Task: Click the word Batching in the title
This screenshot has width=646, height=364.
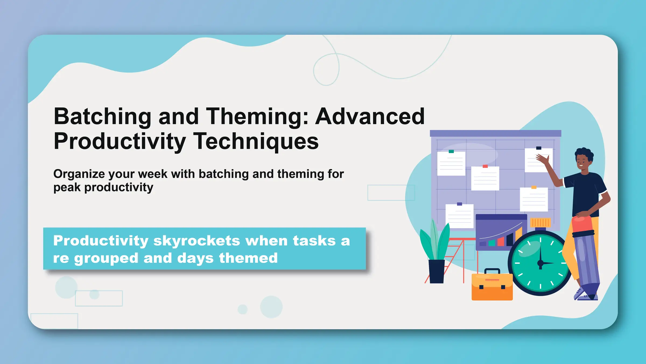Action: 102,116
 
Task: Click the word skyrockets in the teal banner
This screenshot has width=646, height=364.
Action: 196,241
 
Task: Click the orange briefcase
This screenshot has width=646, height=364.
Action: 492,287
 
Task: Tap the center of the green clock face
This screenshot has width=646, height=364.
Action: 540,263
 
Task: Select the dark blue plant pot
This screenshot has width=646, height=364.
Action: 437,271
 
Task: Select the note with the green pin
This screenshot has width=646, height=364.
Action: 451,163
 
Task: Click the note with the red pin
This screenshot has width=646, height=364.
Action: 485,178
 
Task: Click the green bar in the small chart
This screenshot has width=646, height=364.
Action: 492,243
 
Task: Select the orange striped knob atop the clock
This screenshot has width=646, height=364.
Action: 540,223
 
